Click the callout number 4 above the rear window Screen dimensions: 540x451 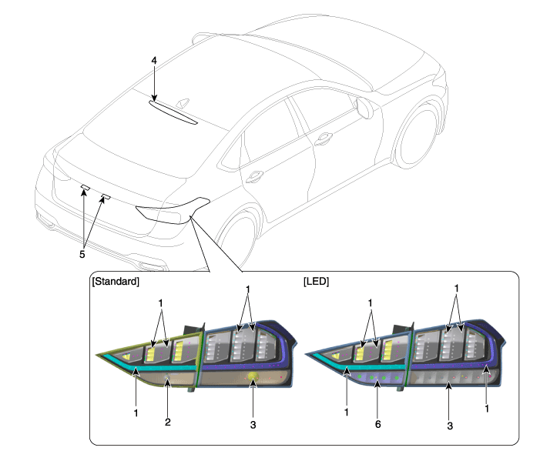pyautogui.click(x=154, y=61)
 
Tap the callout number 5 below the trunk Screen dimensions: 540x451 pyautogui.click(x=82, y=254)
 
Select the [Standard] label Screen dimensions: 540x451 pyautogui.click(x=116, y=282)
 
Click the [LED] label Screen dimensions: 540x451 pyautogui.click(x=316, y=282)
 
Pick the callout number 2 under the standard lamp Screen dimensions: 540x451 pyautogui.click(x=168, y=422)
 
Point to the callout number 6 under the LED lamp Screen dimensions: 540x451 pyautogui.click(x=377, y=424)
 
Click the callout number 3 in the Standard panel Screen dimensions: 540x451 pyautogui.click(x=253, y=425)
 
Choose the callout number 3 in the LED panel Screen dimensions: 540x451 pyautogui.click(x=450, y=426)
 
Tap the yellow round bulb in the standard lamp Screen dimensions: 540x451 pyautogui.click(x=253, y=376)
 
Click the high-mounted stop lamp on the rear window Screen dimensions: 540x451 pyautogui.click(x=173, y=112)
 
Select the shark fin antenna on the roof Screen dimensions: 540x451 pyautogui.click(x=183, y=104)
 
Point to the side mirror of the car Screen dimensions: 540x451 pyautogui.click(x=365, y=108)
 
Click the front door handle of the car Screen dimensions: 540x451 pyautogui.click(x=324, y=139)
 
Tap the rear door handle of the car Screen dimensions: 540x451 pyautogui.click(x=254, y=176)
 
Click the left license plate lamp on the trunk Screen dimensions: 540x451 pyautogui.click(x=86, y=188)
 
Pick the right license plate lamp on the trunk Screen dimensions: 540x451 pyautogui.click(x=106, y=197)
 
